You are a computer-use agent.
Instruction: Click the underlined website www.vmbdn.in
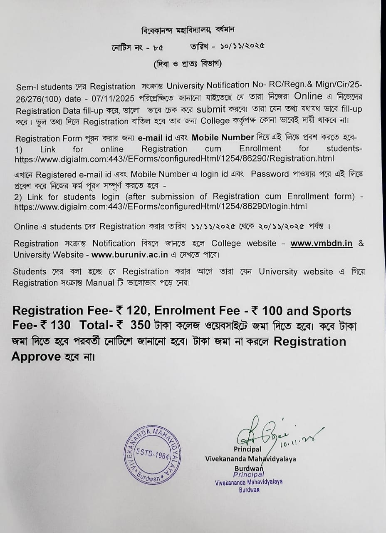tap(322, 244)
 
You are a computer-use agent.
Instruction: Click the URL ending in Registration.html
tap(174, 159)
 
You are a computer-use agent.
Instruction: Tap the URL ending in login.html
tap(161, 206)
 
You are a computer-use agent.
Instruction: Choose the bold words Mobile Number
tap(223, 138)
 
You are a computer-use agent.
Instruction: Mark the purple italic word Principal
tap(248, 474)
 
